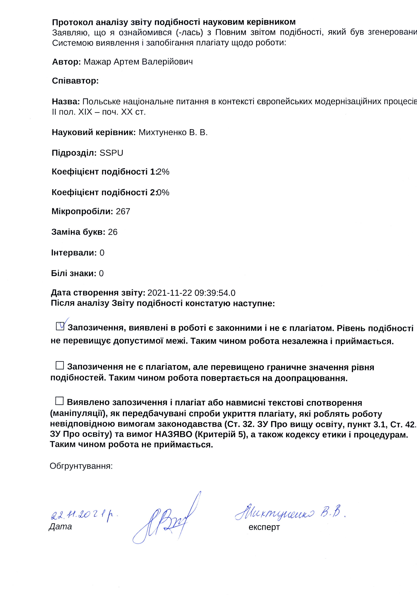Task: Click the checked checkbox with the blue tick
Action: [60, 326]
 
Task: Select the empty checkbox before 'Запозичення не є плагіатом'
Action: [60, 365]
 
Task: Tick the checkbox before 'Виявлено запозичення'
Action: [59, 401]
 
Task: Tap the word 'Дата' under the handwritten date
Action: [60, 527]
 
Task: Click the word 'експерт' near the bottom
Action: [264, 527]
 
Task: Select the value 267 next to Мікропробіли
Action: [123, 211]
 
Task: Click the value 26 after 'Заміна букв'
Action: [113, 232]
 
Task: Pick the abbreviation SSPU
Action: [111, 153]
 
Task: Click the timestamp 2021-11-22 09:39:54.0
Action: [191, 293]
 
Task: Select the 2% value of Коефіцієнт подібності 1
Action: [163, 172]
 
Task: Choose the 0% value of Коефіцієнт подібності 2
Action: [163, 193]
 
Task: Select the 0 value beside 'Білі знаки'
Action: [101, 273]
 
